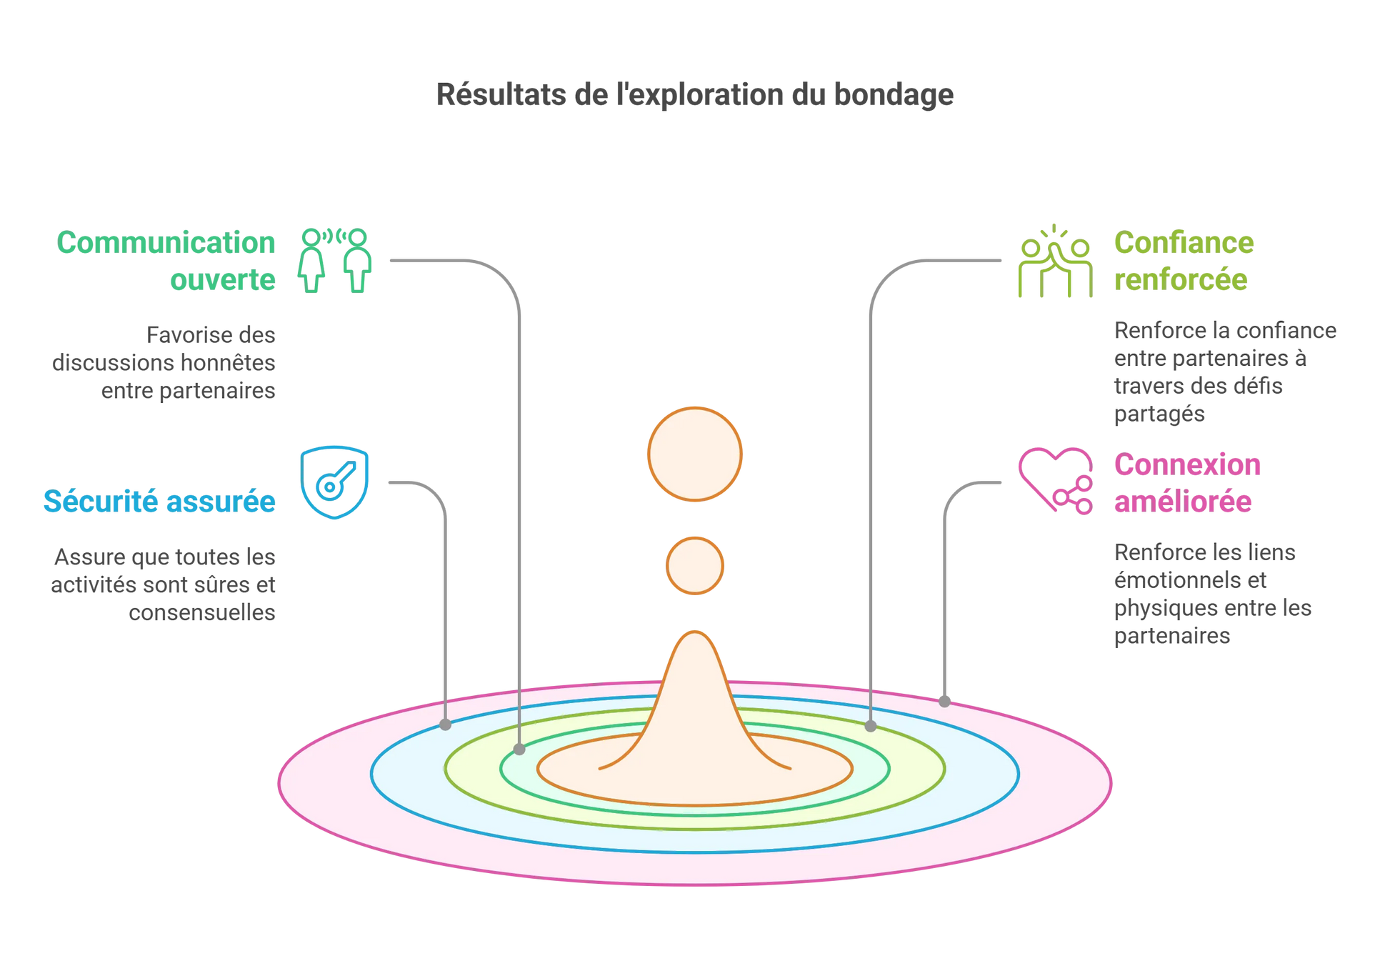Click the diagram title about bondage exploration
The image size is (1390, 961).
(694, 95)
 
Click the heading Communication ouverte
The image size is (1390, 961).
(166, 261)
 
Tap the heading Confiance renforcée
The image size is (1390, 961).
(1183, 261)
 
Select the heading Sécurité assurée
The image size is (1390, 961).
(159, 502)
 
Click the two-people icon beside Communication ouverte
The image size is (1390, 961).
(334, 260)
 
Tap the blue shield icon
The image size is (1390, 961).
(334, 482)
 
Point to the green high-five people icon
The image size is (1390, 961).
(1055, 262)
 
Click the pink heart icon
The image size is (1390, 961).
(1055, 480)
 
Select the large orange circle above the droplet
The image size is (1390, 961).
(694, 454)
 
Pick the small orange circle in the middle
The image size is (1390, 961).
(694, 566)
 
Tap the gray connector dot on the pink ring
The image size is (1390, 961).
(944, 701)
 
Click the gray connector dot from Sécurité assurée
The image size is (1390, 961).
(446, 725)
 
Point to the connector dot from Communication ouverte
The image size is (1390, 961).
(519, 749)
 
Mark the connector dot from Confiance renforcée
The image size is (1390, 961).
(870, 726)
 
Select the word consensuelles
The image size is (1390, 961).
(202, 613)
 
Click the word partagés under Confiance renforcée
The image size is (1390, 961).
(1159, 414)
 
